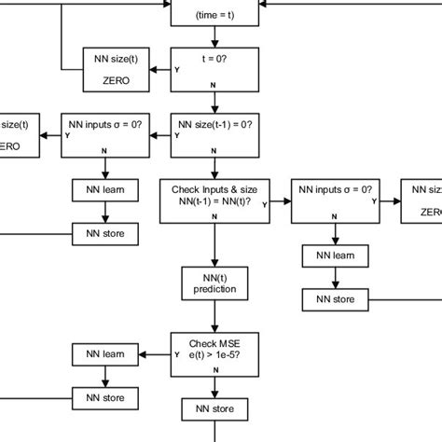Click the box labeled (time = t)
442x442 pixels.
coord(215,13)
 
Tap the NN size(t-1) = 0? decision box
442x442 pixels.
coord(215,134)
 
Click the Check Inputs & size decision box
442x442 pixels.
coord(215,200)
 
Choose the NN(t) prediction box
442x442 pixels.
coord(215,283)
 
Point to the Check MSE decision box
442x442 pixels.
coord(215,353)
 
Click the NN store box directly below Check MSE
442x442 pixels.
coord(215,408)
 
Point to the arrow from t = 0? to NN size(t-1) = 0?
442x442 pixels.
coord(215,104)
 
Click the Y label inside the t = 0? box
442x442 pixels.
coord(177,70)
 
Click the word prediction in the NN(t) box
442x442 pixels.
coord(215,289)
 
